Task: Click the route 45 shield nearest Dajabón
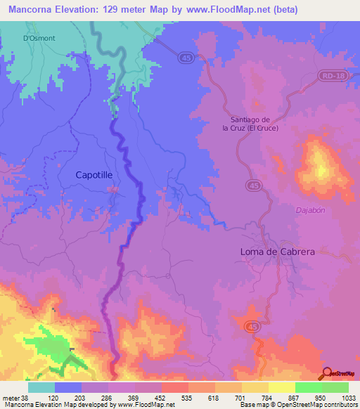[x=253, y=184]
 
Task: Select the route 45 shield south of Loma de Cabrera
[x=251, y=326]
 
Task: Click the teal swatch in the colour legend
[x=41, y=387]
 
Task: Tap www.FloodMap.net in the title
[x=227, y=9]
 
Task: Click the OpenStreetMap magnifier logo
[x=326, y=373]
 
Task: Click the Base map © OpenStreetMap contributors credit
[x=297, y=405]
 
